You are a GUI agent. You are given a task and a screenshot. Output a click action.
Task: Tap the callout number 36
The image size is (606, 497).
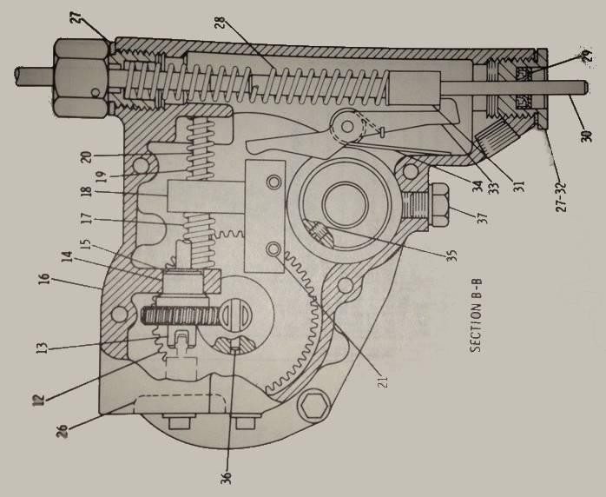(x=226, y=478)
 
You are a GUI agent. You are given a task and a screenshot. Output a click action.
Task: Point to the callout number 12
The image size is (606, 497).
(x=39, y=399)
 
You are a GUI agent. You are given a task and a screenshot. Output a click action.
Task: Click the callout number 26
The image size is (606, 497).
(x=63, y=431)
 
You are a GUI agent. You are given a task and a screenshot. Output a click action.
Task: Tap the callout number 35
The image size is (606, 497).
(x=451, y=255)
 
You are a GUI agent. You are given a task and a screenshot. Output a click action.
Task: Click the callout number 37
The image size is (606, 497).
(x=483, y=218)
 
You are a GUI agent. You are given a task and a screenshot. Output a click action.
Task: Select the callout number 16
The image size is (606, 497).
(x=44, y=279)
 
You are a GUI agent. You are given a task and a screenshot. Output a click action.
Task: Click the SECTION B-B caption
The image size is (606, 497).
(x=476, y=316)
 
